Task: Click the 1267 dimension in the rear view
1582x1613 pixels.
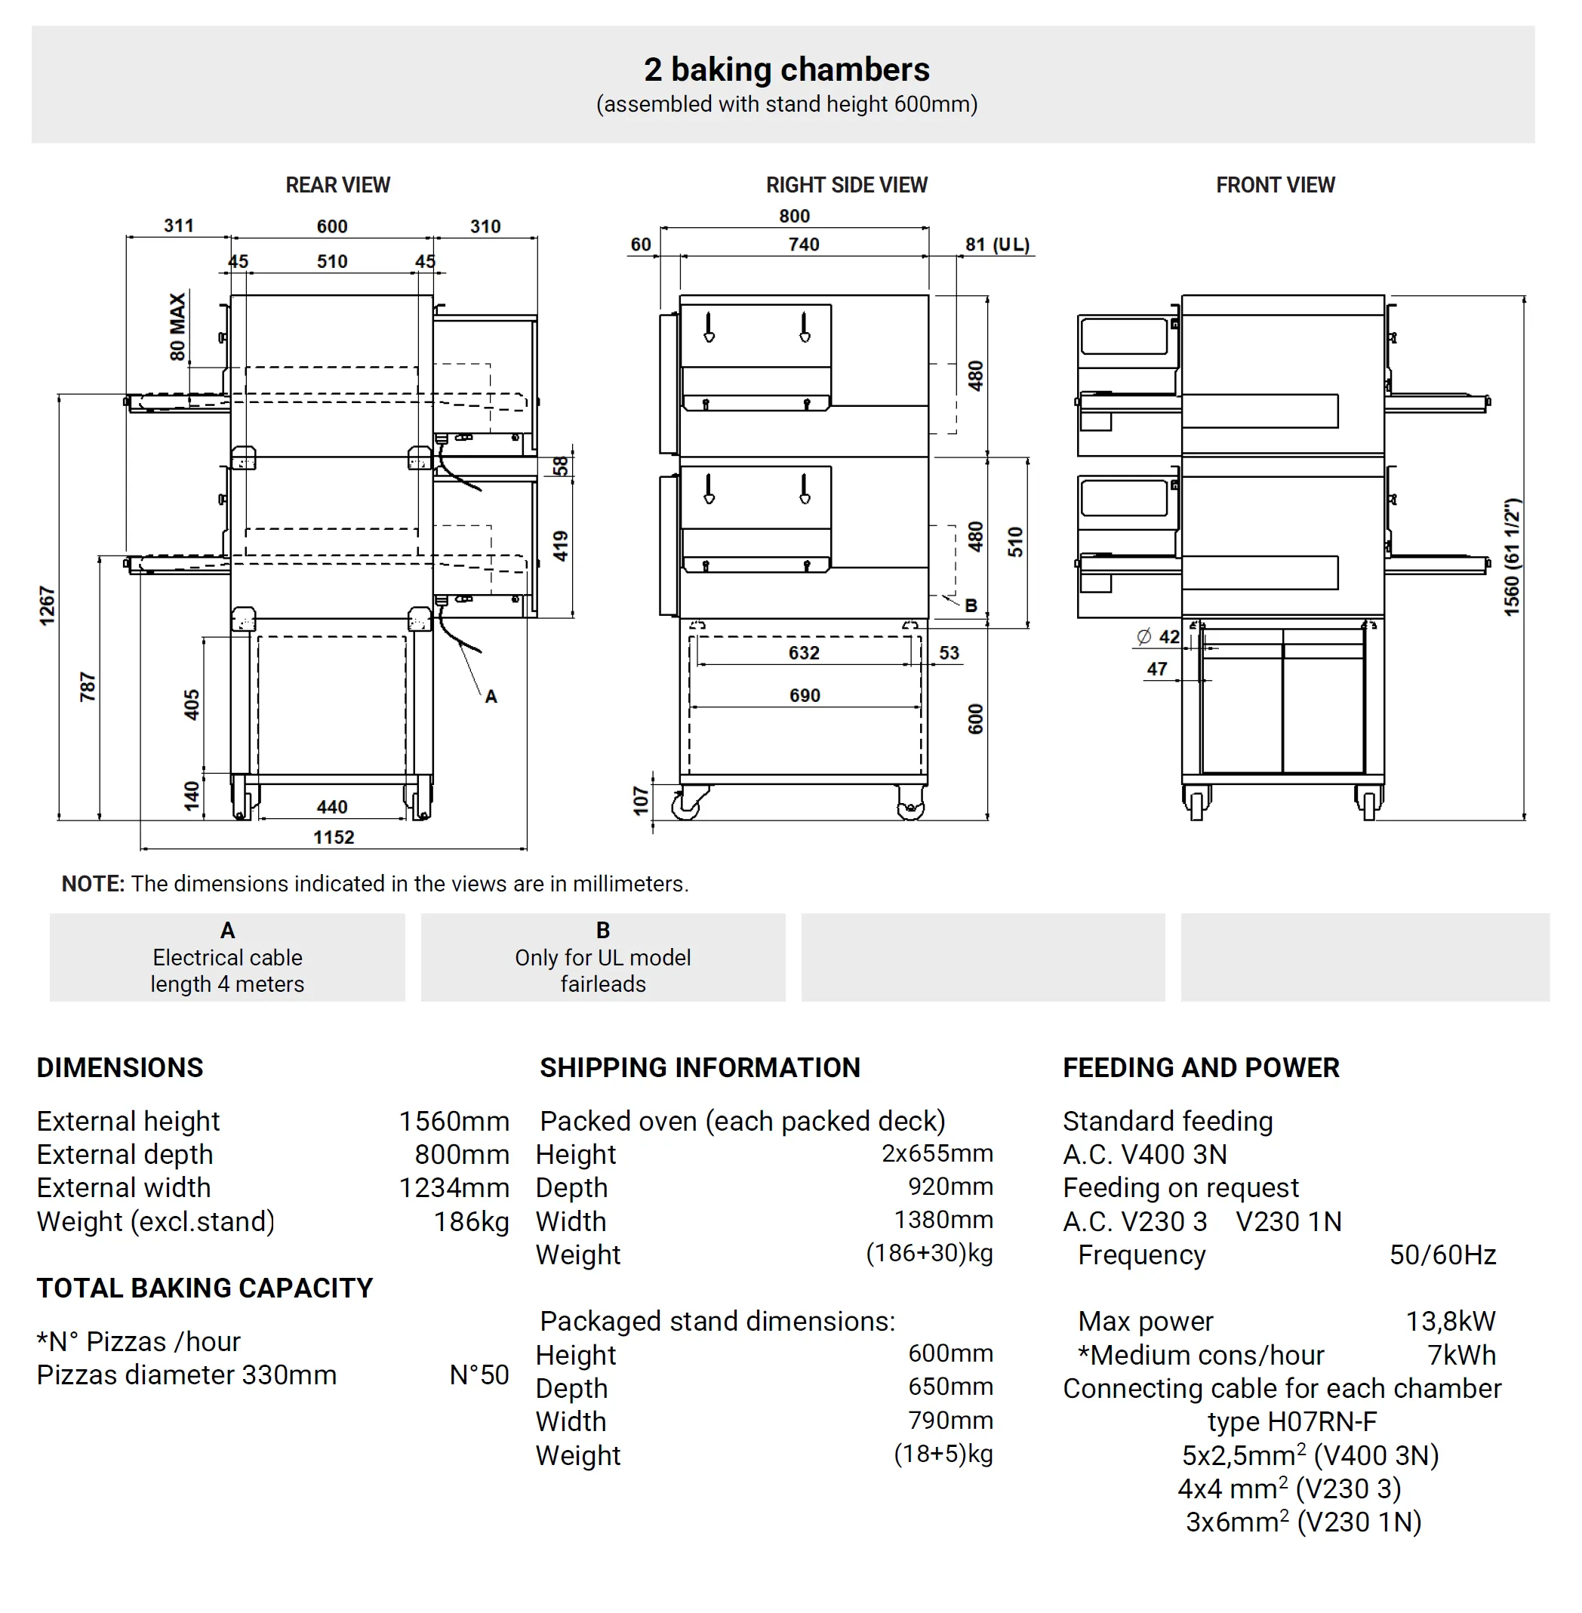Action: (x=48, y=605)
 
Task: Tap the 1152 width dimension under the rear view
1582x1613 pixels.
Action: (x=333, y=837)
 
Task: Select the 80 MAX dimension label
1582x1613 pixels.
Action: (x=177, y=327)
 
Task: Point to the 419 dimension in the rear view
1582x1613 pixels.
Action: (x=561, y=546)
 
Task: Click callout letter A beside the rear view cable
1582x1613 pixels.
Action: (x=491, y=697)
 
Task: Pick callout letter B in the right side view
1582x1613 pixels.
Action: (x=971, y=605)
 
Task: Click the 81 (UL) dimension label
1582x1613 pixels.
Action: (x=997, y=245)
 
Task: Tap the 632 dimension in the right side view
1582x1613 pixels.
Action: (x=804, y=653)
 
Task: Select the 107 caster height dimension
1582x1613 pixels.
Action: (x=640, y=800)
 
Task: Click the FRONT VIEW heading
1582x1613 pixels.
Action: (x=1275, y=184)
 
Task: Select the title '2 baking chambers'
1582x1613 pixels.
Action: (x=786, y=69)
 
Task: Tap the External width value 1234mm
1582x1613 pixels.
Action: (x=454, y=1187)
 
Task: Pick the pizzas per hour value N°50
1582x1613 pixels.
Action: (x=479, y=1374)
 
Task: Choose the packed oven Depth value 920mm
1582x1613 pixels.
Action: (x=950, y=1187)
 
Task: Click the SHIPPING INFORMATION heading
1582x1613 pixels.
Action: (x=700, y=1067)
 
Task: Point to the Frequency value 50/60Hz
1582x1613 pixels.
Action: (x=1442, y=1254)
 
